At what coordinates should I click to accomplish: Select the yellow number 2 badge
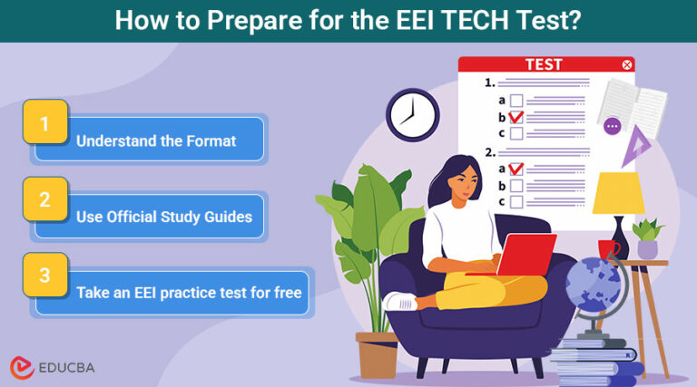pos(44,199)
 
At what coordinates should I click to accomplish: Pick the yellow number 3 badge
pos(44,275)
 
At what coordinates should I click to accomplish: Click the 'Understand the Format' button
pos(155,140)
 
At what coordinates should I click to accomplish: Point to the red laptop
pos(523,256)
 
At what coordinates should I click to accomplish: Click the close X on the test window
pos(626,65)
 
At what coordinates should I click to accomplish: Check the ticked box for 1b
pos(515,117)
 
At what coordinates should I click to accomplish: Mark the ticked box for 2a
pos(515,169)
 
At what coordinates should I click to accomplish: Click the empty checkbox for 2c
pos(515,202)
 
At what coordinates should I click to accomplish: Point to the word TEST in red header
pos(544,65)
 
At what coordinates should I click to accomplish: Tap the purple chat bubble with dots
pos(613,127)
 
